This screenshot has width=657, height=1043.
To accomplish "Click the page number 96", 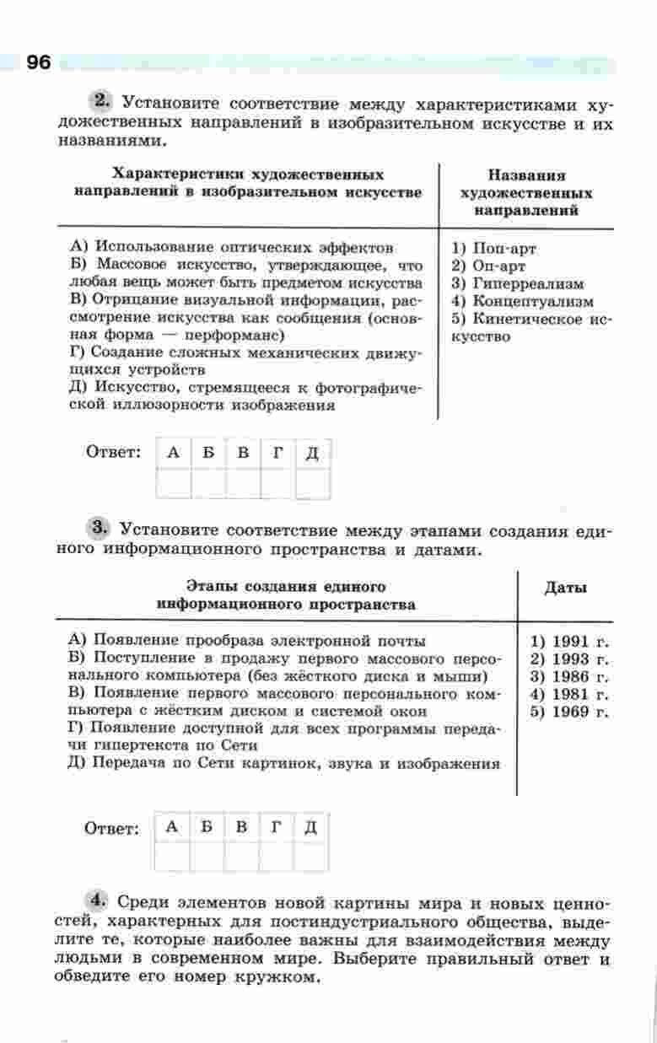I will click(39, 62).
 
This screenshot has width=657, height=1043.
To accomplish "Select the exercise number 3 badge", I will click(100, 530).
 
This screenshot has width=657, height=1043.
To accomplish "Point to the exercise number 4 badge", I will click(100, 900).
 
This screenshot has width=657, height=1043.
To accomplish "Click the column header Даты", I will click(566, 588).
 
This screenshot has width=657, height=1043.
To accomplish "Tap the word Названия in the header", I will click(526, 176).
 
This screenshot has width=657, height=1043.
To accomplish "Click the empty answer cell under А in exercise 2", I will click(173, 484).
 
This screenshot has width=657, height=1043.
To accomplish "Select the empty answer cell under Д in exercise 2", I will click(312, 484).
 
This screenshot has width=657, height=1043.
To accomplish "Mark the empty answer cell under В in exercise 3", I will click(241, 856).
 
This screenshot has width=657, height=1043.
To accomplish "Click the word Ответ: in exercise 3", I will click(111, 829).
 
